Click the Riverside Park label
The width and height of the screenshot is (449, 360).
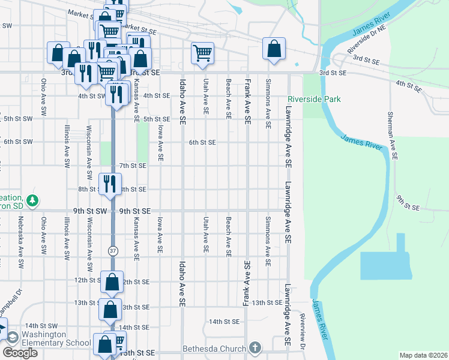click(314, 99)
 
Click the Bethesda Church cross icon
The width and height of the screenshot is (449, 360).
click(255, 348)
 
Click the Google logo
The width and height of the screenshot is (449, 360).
click(20, 353)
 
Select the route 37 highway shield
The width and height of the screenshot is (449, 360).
click(112, 250)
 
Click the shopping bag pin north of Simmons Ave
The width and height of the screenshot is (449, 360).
click(274, 49)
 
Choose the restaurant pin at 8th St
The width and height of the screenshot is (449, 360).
click(110, 183)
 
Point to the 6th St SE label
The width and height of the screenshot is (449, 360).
click(202, 142)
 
